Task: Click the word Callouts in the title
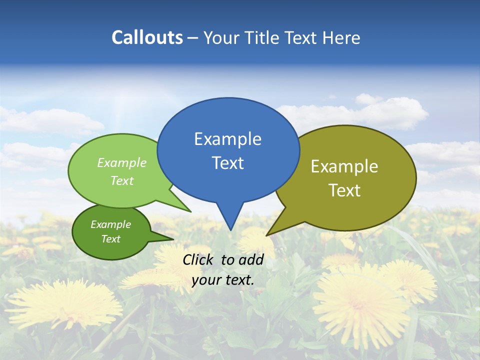(147, 37)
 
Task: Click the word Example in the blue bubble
(227, 139)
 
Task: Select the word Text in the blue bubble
(227, 163)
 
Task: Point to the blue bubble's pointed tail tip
(230, 230)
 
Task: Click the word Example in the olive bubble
(344, 166)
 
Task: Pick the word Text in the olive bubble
(344, 190)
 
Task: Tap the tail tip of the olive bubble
(266, 235)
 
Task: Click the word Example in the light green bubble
(122, 163)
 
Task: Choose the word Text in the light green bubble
(122, 180)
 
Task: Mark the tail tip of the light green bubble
(191, 211)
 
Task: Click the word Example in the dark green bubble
(110, 224)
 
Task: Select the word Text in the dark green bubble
(110, 239)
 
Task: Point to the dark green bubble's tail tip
(173, 239)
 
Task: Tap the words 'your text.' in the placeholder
(223, 280)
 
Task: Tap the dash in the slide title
(193, 37)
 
